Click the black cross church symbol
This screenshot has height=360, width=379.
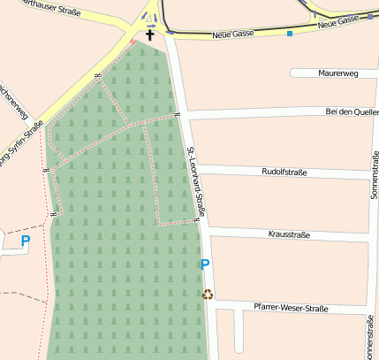point(150,35)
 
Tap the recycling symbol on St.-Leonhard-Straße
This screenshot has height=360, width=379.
point(208,295)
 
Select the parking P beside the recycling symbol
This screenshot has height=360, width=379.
point(206,264)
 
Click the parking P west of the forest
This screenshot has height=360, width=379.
point(26,240)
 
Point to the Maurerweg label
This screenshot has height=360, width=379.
point(334,73)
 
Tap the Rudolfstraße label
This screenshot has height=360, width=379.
point(284,172)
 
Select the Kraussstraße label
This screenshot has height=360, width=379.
point(288,234)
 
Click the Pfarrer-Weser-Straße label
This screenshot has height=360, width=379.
point(290,308)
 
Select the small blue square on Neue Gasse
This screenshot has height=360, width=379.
point(289,34)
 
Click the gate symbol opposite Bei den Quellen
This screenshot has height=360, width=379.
point(177,115)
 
